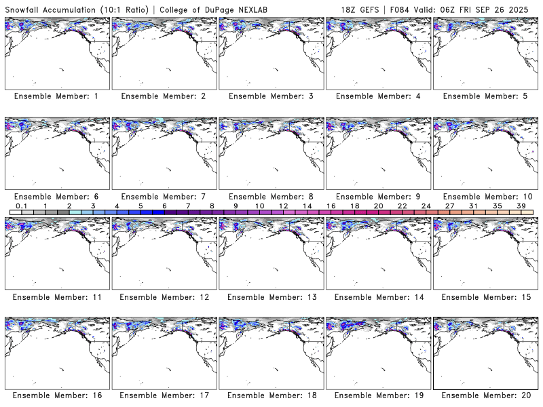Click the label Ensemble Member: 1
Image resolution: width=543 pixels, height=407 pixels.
[x=56, y=96]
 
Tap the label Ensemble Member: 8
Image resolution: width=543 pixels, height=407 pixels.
[x=271, y=197]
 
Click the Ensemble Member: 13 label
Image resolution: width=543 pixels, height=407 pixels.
[x=271, y=297]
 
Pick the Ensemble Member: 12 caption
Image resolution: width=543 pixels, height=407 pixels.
[x=164, y=297]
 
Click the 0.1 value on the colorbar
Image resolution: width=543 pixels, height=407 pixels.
[x=21, y=206]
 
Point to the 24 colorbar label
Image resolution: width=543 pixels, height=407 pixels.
[x=426, y=206]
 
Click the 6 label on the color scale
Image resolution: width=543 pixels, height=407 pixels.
[x=164, y=206]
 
